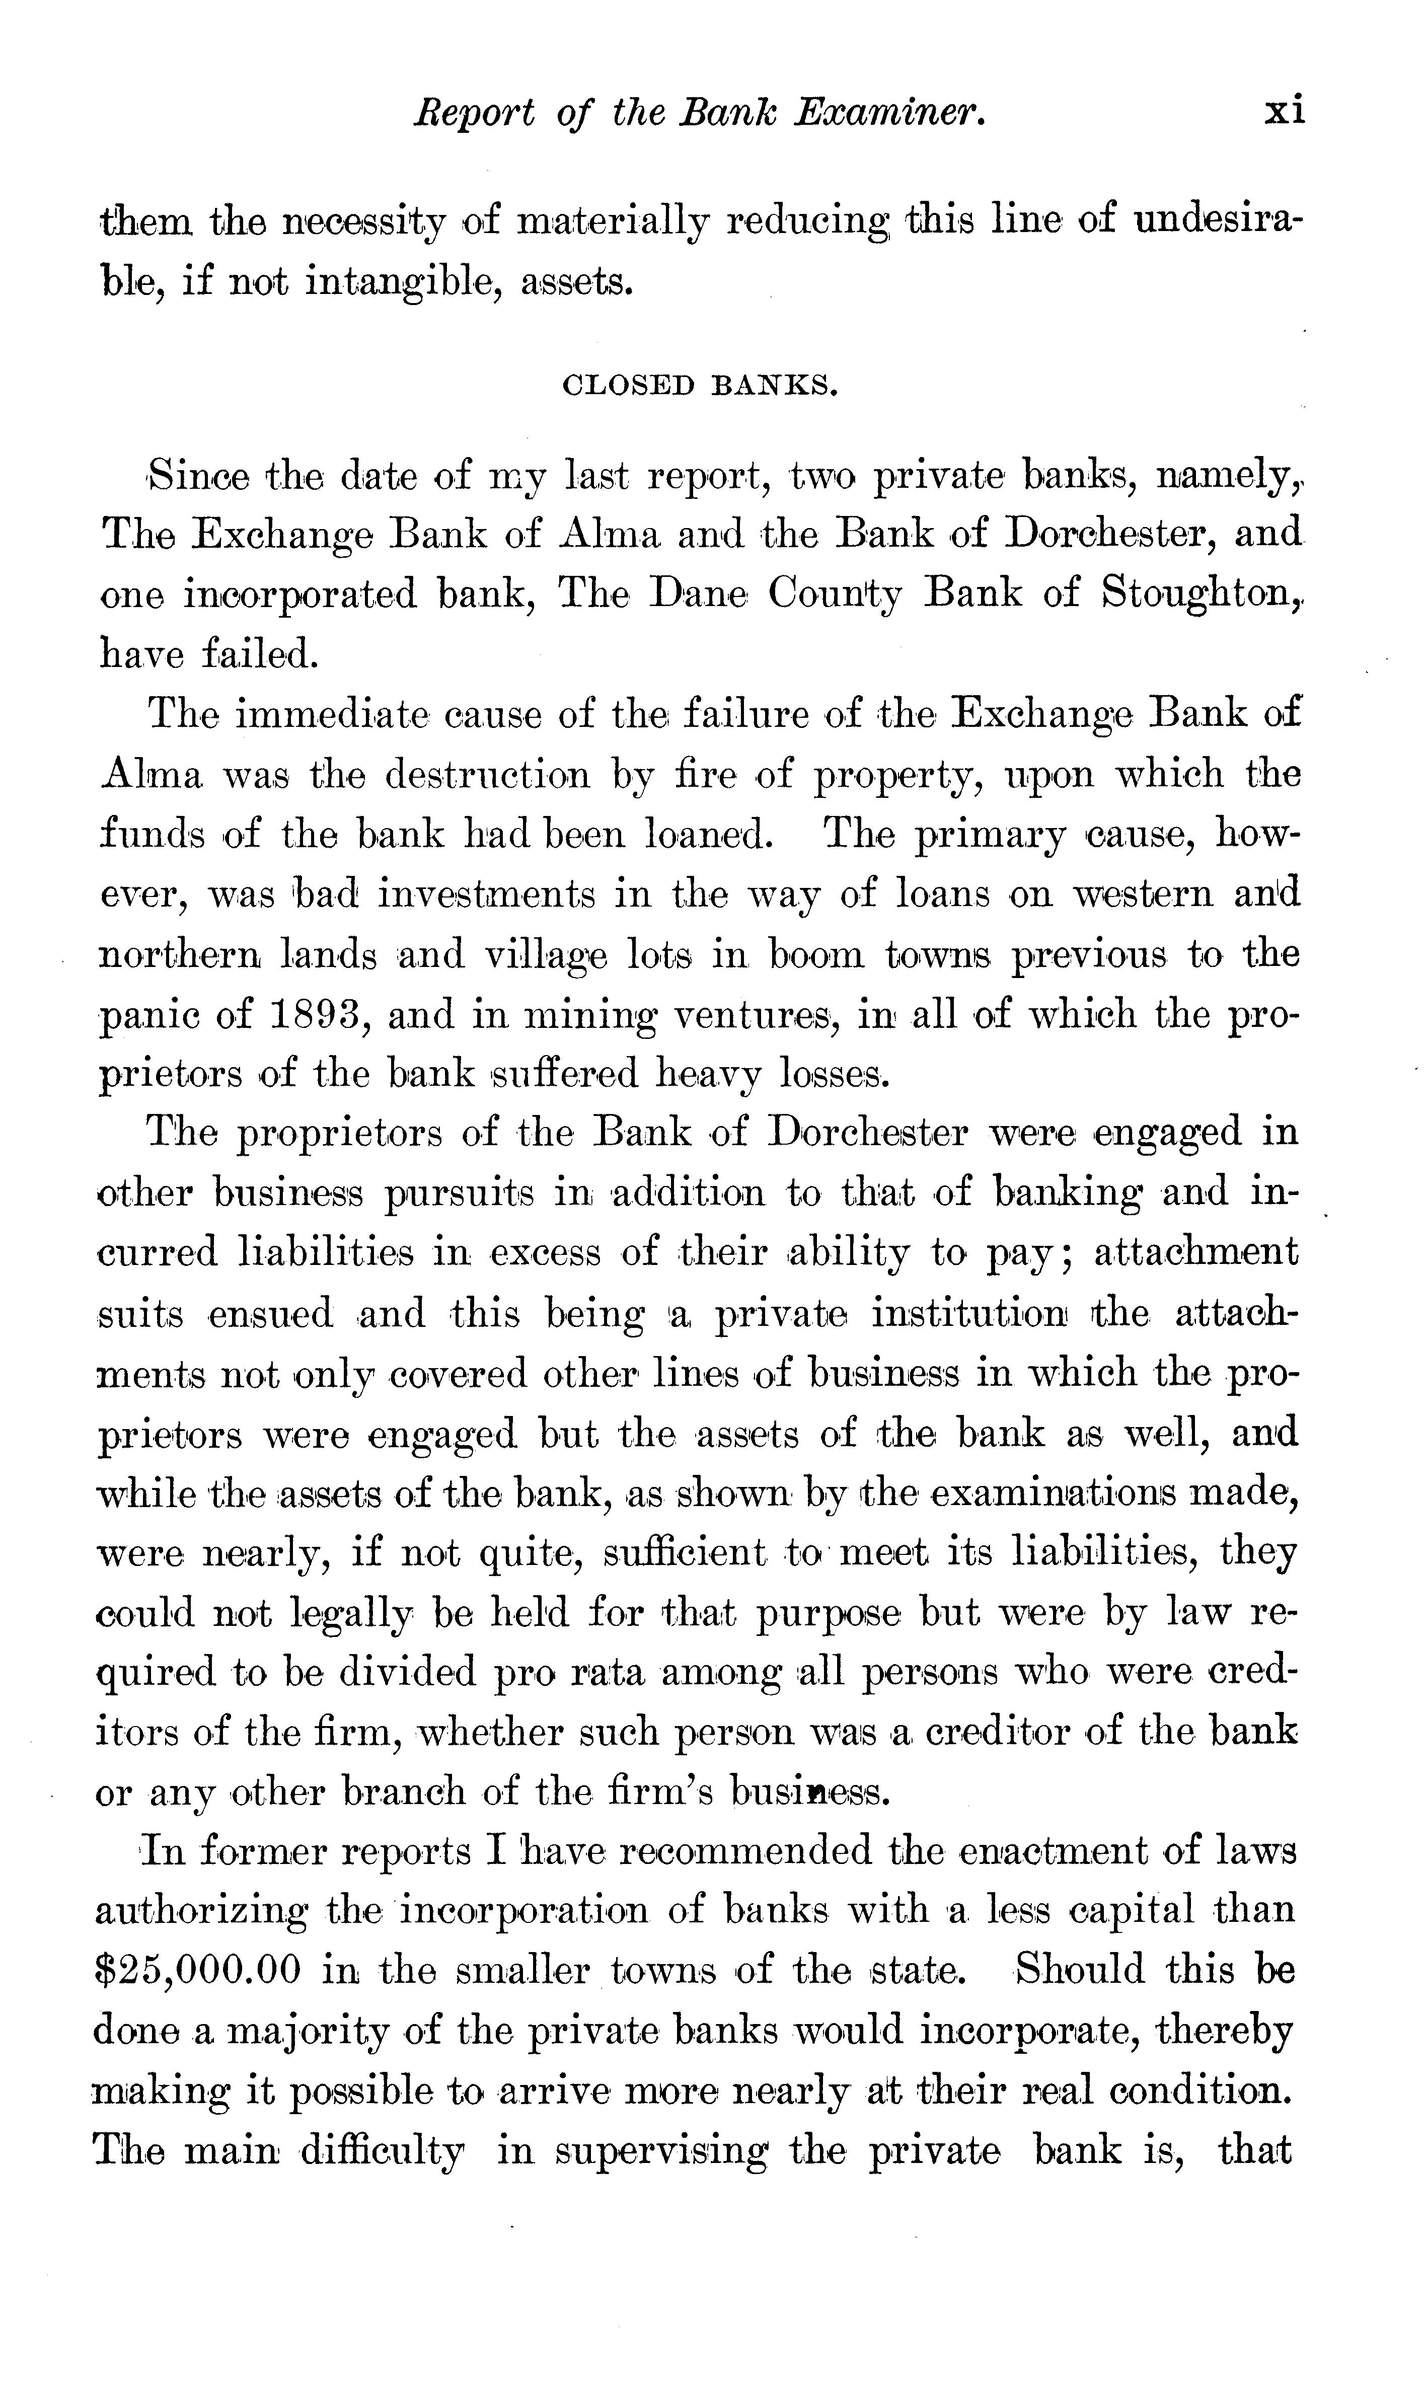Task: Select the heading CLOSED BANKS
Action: pos(700,386)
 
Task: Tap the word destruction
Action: pos(487,774)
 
